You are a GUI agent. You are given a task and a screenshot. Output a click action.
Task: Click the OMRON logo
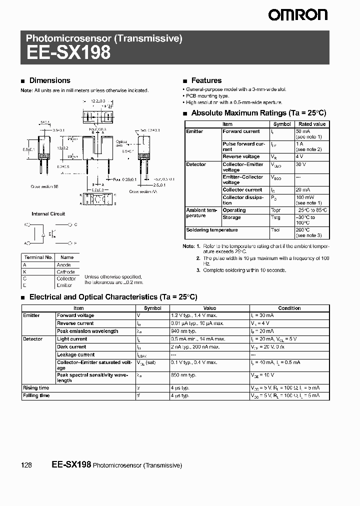[x=298, y=15]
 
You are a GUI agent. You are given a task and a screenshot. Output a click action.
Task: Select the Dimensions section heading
[x=49, y=80]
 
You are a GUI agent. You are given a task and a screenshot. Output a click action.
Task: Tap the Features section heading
[x=206, y=80]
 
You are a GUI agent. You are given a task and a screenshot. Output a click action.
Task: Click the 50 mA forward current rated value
[x=302, y=131]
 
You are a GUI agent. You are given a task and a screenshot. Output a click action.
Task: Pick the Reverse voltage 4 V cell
[x=300, y=157]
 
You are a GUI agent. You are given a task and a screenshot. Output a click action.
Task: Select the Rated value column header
[x=311, y=124]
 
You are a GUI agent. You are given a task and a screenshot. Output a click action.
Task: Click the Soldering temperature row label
[x=205, y=230]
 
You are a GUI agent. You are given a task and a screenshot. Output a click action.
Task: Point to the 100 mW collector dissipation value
[x=305, y=197]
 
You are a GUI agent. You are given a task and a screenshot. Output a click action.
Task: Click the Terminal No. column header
[x=38, y=257]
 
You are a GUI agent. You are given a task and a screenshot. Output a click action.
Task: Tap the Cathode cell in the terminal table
[x=66, y=271]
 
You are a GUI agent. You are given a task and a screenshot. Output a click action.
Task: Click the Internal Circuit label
[x=48, y=214]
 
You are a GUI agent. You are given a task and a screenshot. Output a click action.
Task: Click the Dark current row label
[x=71, y=346]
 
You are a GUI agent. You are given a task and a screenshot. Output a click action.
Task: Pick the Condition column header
[x=289, y=308]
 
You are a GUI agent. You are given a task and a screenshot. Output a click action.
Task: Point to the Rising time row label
[x=36, y=387]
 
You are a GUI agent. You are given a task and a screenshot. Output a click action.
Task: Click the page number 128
[x=26, y=465]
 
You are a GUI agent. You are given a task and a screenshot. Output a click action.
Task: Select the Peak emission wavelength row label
[x=87, y=331]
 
